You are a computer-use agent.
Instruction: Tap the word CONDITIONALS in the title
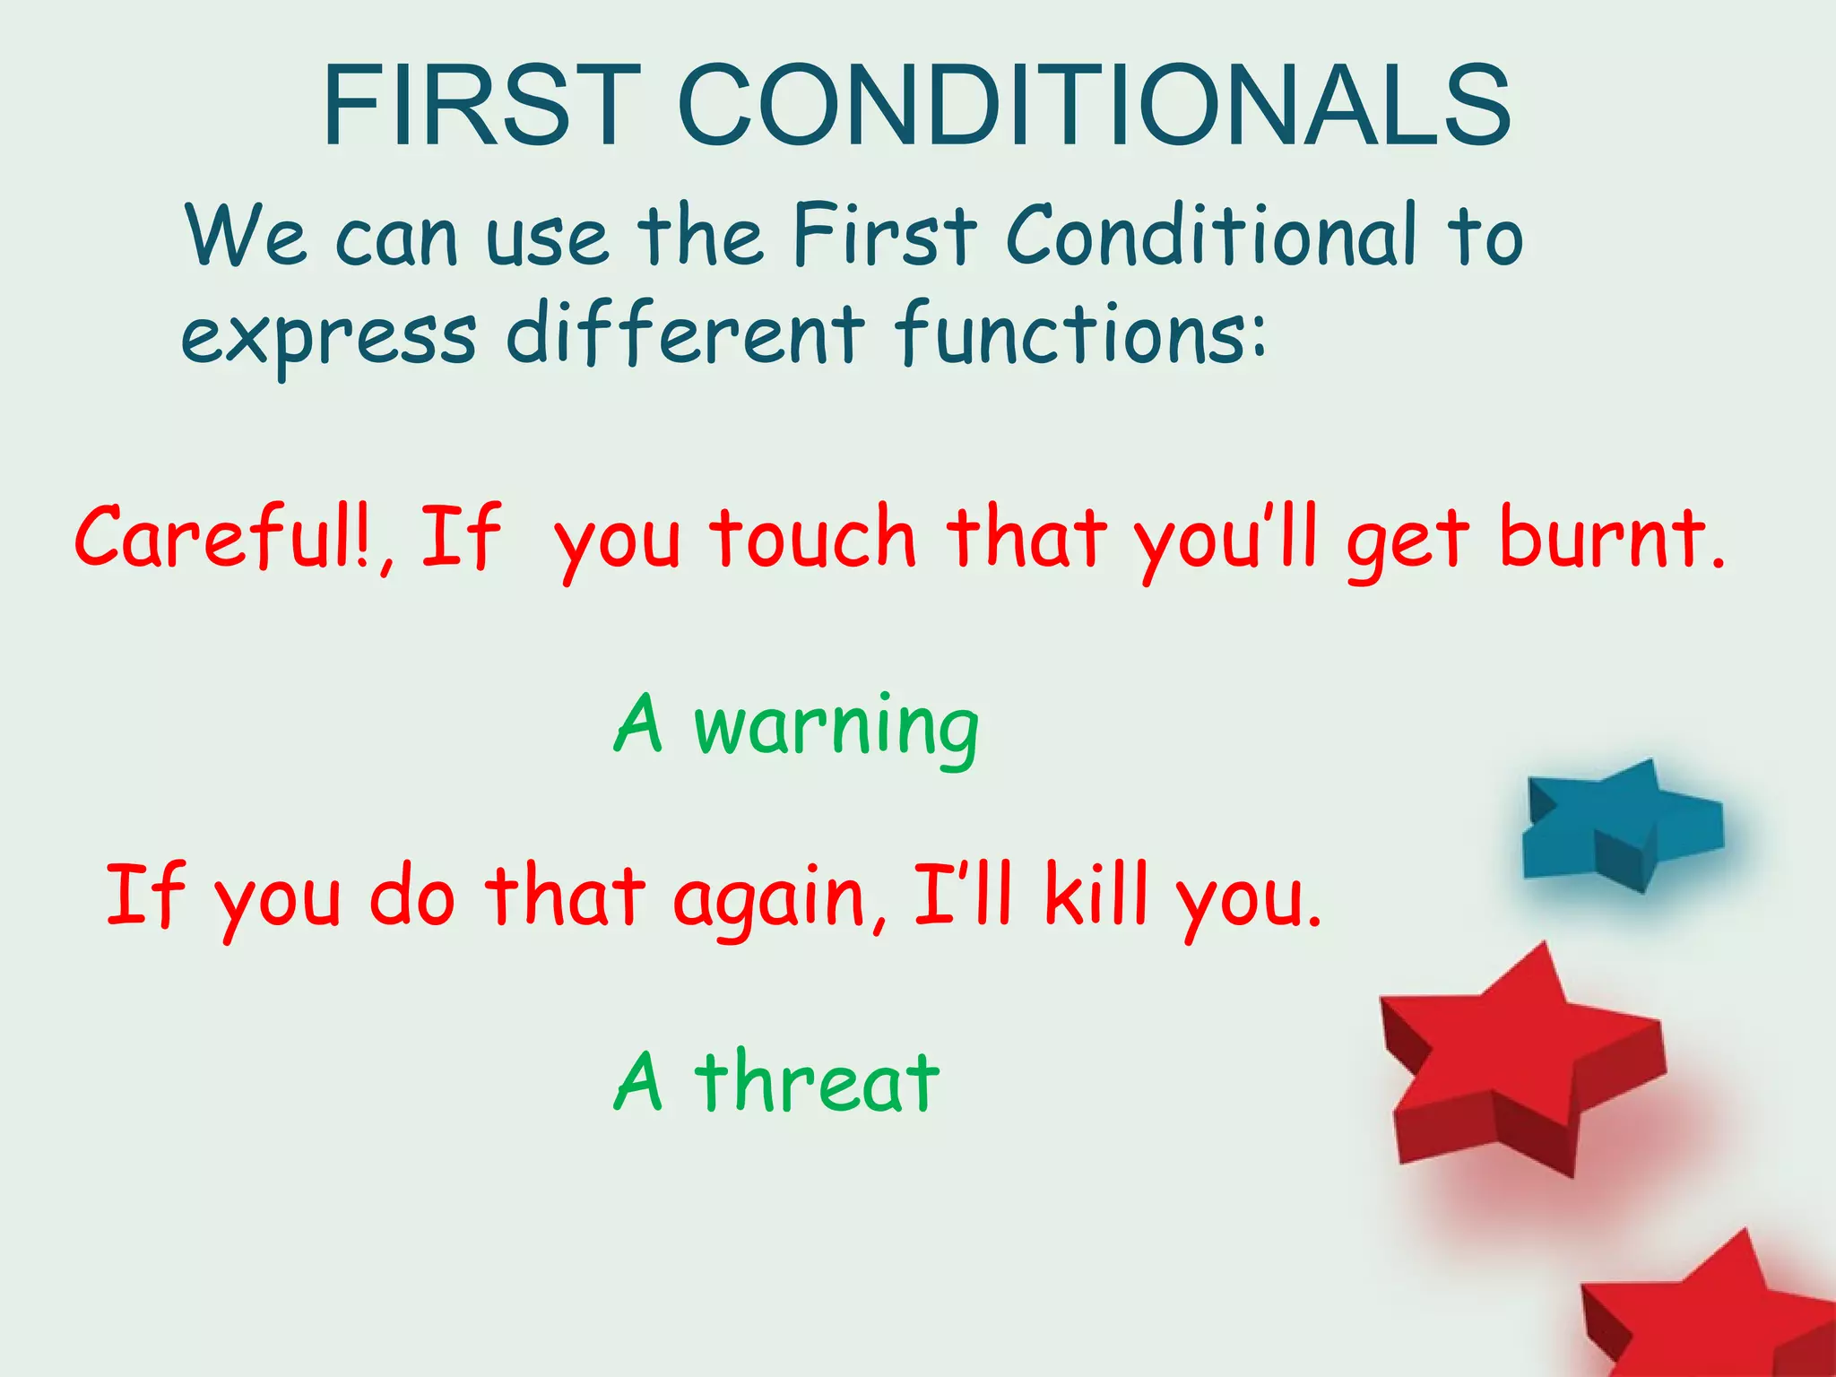coord(1094,106)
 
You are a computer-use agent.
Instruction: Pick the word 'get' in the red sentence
coord(1407,541)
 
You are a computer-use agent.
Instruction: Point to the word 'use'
coord(547,238)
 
